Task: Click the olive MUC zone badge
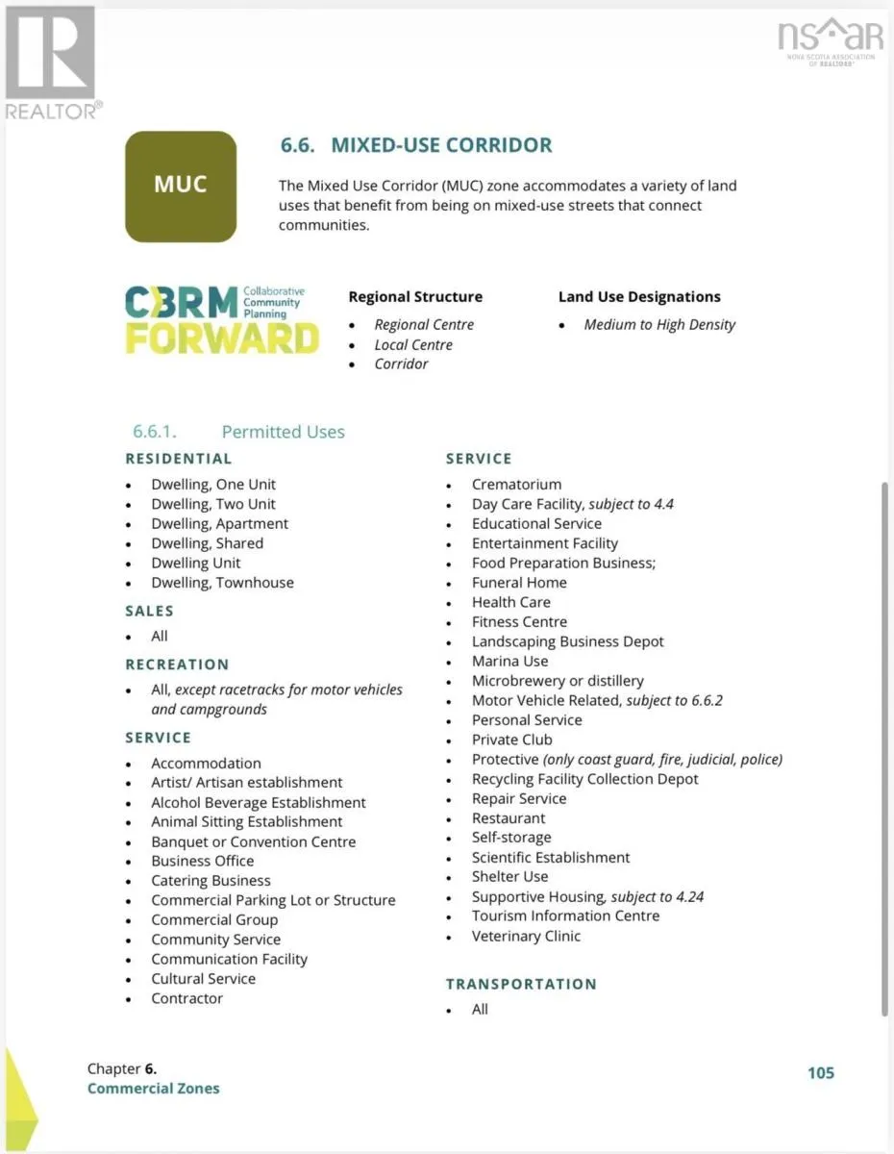pyautogui.click(x=181, y=186)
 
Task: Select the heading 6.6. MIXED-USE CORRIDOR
pyautogui.click(x=415, y=146)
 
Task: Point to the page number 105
pyautogui.click(x=820, y=1073)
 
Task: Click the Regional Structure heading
pyautogui.click(x=415, y=297)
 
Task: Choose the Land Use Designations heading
pyautogui.click(x=639, y=297)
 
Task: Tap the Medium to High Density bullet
pyautogui.click(x=659, y=325)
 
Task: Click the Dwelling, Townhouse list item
pyautogui.click(x=222, y=583)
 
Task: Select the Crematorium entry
pyautogui.click(x=516, y=485)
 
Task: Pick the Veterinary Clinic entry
pyautogui.click(x=526, y=936)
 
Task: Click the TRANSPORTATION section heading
pyautogui.click(x=521, y=984)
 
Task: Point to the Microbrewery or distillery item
pyautogui.click(x=558, y=681)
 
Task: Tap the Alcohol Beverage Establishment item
pyautogui.click(x=258, y=803)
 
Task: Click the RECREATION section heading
pyautogui.click(x=177, y=665)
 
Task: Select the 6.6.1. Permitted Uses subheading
pyautogui.click(x=238, y=433)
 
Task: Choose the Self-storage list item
pyautogui.click(x=511, y=838)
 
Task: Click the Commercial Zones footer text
pyautogui.click(x=153, y=1089)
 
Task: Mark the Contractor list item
pyautogui.click(x=186, y=999)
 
